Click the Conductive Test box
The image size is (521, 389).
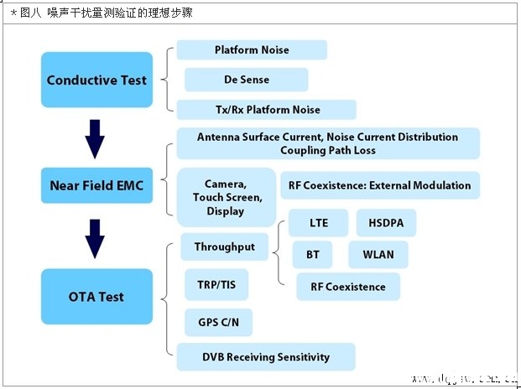[96, 80]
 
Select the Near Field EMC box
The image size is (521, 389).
[96, 185]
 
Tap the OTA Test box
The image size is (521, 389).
[96, 297]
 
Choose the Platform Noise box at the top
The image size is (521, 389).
[252, 49]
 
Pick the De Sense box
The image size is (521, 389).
[246, 80]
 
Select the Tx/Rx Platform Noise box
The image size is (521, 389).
[266, 110]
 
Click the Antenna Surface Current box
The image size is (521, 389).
[327, 143]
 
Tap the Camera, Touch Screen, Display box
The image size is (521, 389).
[226, 198]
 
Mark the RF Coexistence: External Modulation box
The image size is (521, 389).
[380, 185]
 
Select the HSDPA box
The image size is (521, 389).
[386, 224]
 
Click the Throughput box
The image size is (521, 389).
[224, 246]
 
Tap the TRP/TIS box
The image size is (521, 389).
[216, 285]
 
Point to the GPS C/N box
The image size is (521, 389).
[218, 322]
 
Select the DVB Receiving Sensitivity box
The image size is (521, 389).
[266, 356]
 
